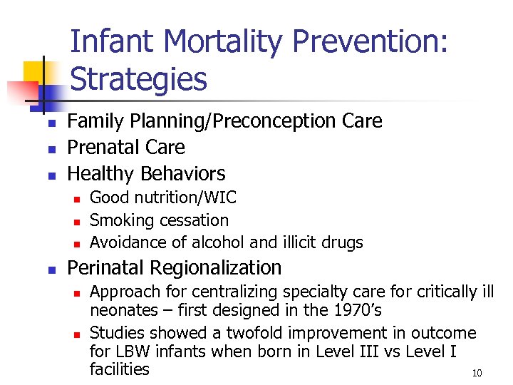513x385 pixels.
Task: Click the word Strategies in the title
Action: click(139, 79)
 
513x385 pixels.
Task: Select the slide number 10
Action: click(477, 374)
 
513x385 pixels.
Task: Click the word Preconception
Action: click(271, 121)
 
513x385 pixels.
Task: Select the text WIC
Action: click(222, 197)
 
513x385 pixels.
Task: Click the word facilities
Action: click(120, 369)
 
